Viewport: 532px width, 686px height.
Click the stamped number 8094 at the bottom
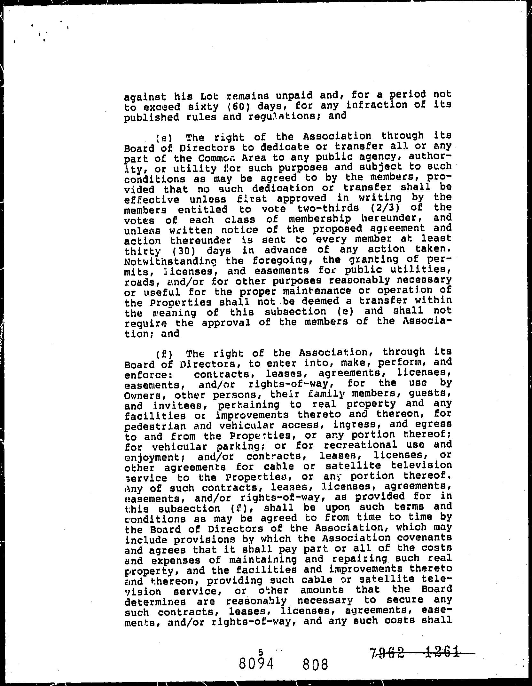point(256,665)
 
